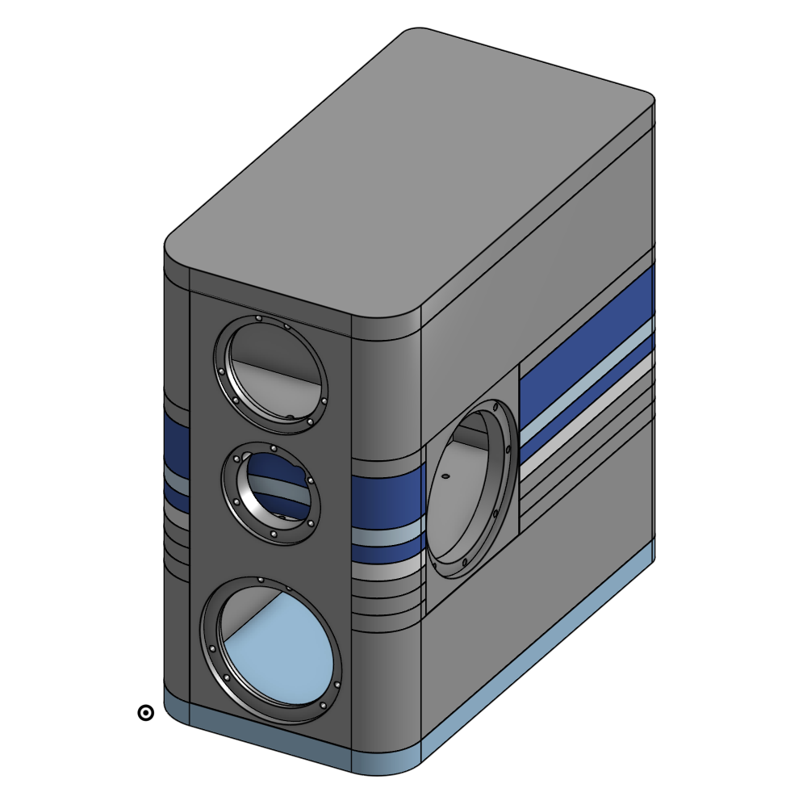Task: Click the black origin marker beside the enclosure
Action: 145,713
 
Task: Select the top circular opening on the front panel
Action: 270,374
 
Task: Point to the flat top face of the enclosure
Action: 412,178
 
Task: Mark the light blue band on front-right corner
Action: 387,536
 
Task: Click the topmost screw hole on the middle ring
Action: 274,449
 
